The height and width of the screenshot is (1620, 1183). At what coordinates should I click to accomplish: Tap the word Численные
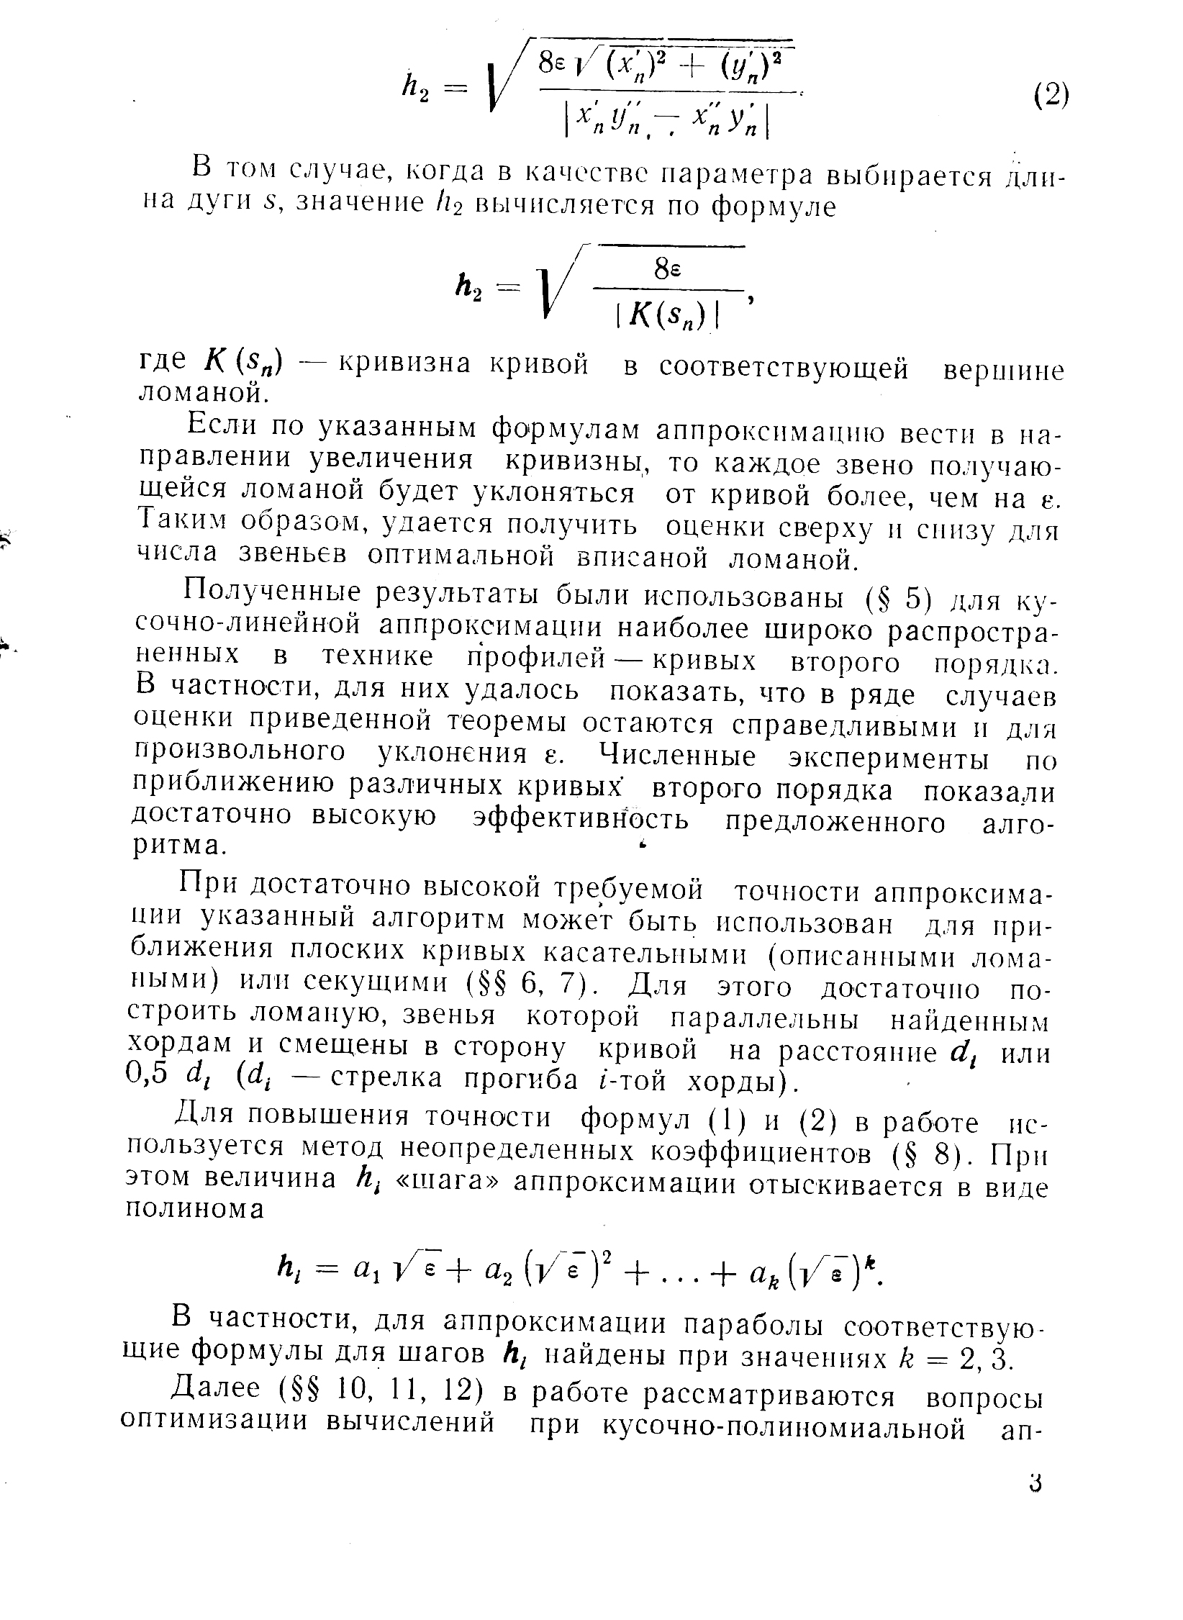click(x=678, y=757)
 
